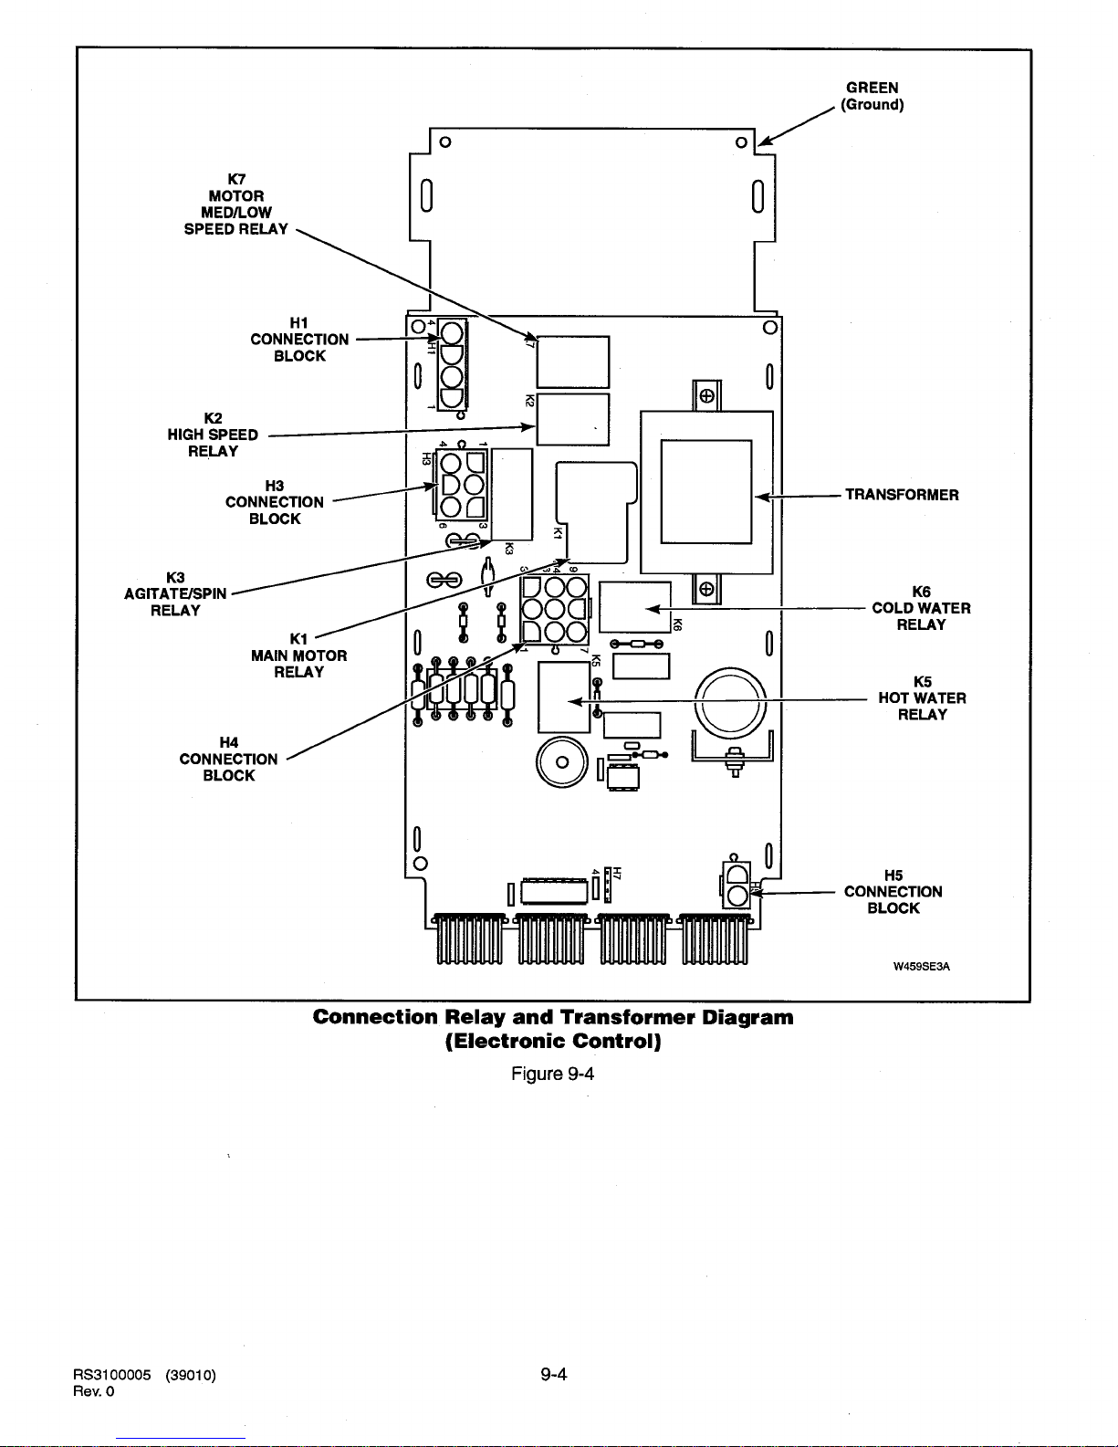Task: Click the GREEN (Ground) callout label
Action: [x=872, y=96]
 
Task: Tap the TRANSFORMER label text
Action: [x=902, y=495]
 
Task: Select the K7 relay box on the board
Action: [x=573, y=362]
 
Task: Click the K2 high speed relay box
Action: [x=573, y=420]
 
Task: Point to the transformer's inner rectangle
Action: [x=706, y=491]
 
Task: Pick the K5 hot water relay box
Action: [x=564, y=697]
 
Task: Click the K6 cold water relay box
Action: [x=635, y=606]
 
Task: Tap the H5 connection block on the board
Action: [x=736, y=885]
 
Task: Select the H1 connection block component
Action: [x=452, y=365]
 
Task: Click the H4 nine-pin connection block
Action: [x=554, y=609]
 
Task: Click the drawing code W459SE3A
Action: [x=921, y=966]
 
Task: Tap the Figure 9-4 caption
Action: [x=552, y=1074]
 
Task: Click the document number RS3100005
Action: [x=111, y=1375]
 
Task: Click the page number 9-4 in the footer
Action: [x=554, y=1374]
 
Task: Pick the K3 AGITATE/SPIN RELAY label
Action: [x=175, y=594]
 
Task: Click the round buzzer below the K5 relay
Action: [x=562, y=762]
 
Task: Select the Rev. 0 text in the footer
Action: [x=93, y=1391]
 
